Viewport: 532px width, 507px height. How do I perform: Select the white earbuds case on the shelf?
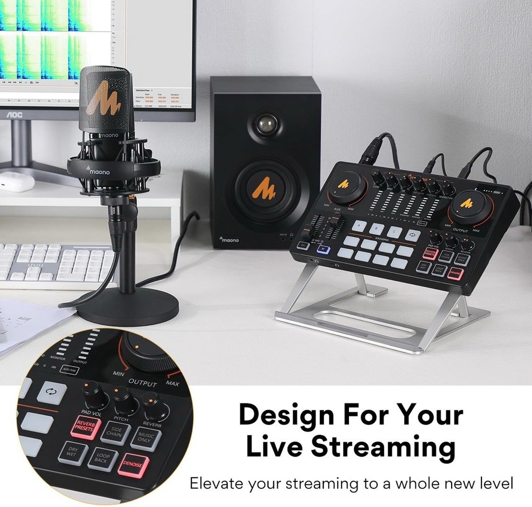16,181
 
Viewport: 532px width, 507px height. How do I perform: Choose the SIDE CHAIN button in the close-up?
115,431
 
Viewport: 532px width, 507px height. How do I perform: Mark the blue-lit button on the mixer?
325,252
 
